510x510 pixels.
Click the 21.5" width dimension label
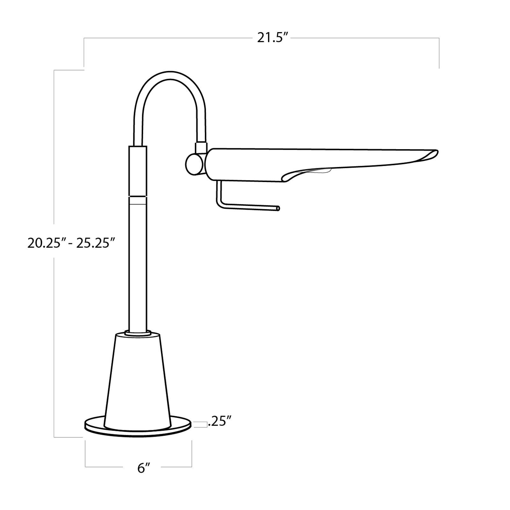[273, 38]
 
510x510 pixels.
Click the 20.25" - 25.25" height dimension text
[71, 243]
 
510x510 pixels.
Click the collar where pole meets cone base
[138, 333]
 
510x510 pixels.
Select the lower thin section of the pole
[138, 265]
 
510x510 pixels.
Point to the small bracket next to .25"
[199, 424]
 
